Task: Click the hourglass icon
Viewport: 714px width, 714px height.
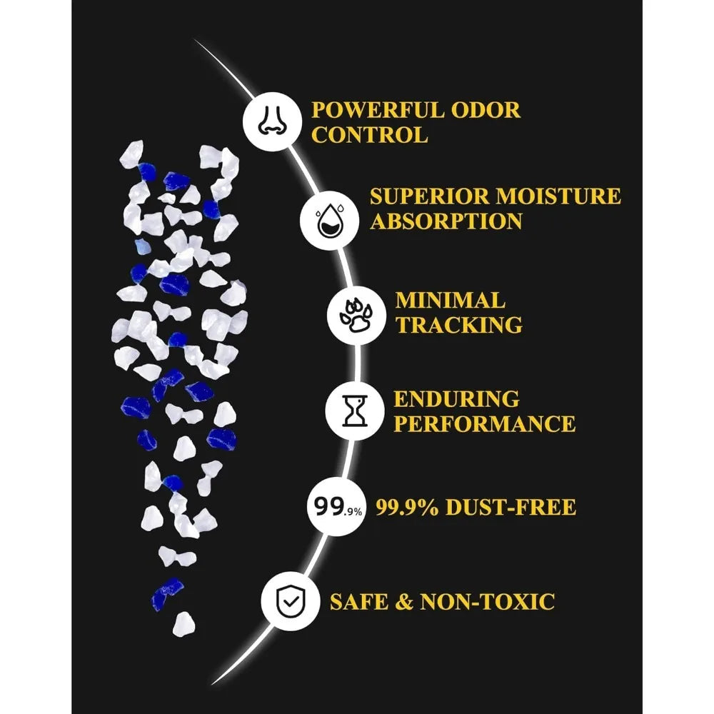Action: tap(355, 411)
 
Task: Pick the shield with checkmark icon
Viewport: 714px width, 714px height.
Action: tap(290, 601)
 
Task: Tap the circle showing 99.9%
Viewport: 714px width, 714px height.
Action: tap(337, 506)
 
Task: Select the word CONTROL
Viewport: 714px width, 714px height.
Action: tap(370, 135)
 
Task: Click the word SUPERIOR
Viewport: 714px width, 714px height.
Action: tap(428, 197)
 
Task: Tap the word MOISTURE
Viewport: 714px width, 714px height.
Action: tap(558, 197)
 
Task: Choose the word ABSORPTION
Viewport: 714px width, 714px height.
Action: tap(446, 221)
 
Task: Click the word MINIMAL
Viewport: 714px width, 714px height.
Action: tap(450, 301)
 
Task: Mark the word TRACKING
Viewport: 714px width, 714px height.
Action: tap(458, 325)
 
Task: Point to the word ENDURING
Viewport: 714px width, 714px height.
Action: tap(456, 399)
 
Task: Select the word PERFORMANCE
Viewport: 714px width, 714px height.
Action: tap(485, 424)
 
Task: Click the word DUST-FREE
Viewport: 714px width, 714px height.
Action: tap(511, 507)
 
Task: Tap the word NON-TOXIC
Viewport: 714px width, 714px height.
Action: tap(487, 601)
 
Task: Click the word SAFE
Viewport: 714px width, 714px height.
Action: tap(359, 601)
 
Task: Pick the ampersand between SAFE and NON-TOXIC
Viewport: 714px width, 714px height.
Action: tap(404, 601)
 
